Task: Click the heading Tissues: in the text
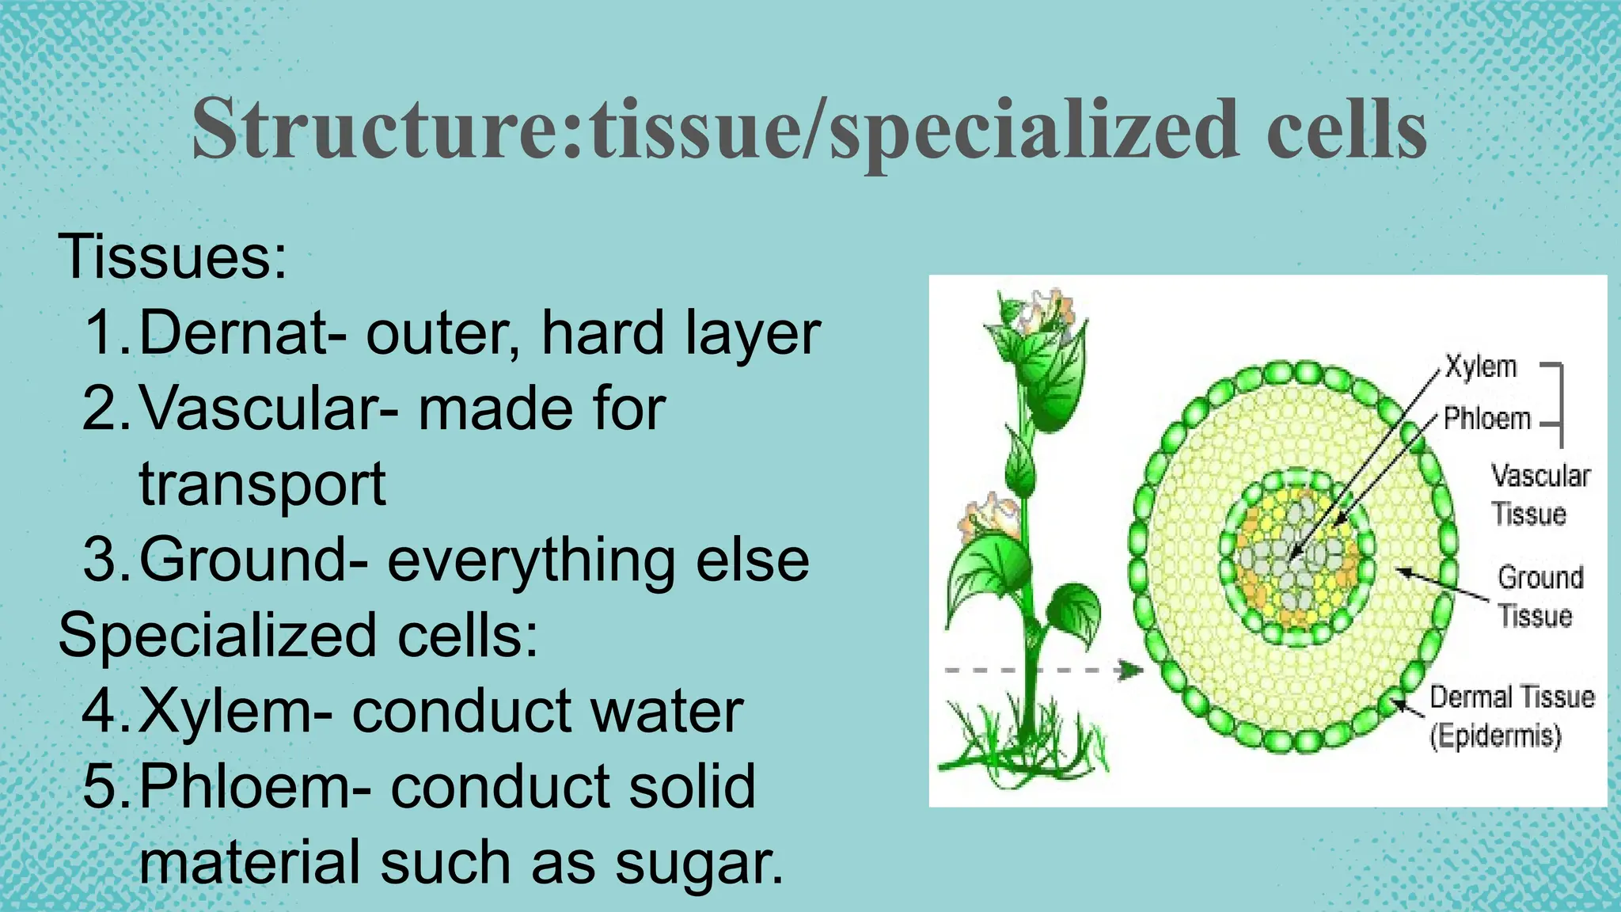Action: (172, 256)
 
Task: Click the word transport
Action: (262, 484)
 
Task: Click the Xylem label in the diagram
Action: (1480, 367)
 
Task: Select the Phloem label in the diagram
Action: (1486, 418)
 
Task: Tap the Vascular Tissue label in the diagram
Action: (1539, 495)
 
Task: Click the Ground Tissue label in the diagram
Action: (1539, 596)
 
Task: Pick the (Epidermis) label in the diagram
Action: (1495, 735)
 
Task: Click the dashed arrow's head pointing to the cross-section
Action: (1132, 671)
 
